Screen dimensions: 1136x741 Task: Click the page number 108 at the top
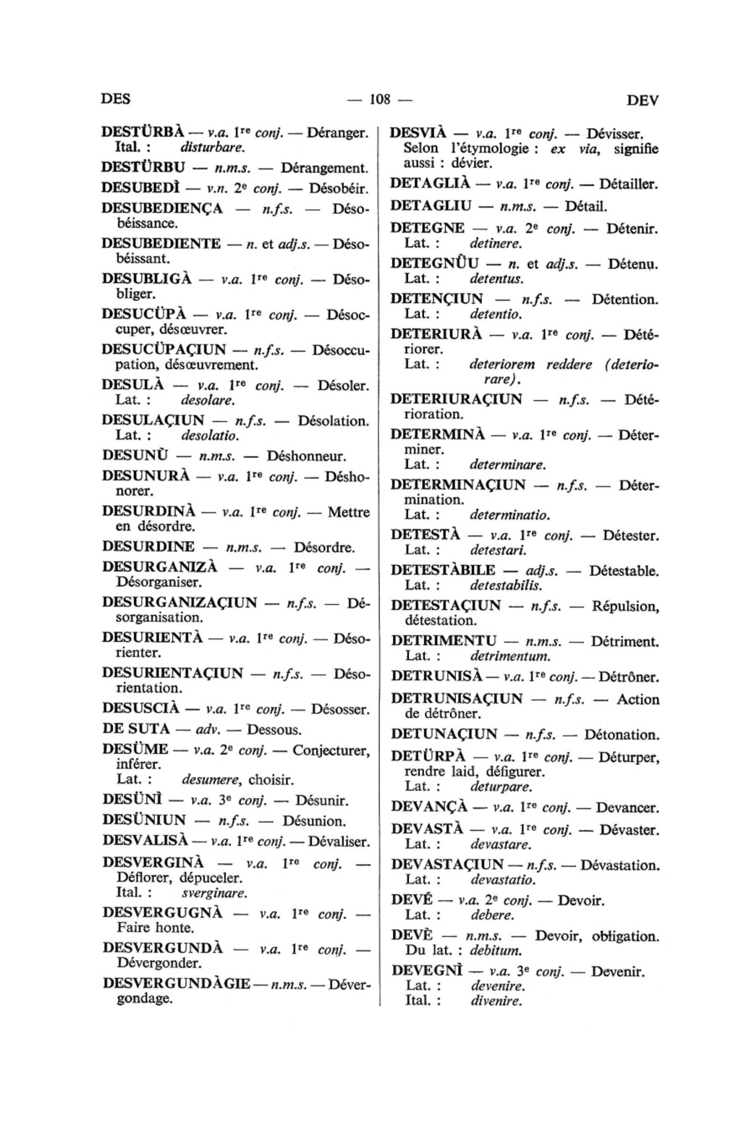pyautogui.click(x=379, y=99)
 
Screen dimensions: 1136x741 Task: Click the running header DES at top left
pyautogui.click(x=116, y=99)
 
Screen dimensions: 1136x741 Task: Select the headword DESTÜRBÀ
pyautogui.click(x=143, y=132)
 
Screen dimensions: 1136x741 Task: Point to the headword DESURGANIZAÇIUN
pyautogui.click(x=179, y=602)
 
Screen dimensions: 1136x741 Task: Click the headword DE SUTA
pyautogui.click(x=136, y=729)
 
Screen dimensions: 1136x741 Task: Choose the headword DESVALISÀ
pyautogui.click(x=145, y=841)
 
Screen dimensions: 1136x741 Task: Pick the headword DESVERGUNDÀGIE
pyautogui.click(x=177, y=984)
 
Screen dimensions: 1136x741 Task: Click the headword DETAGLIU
pyautogui.click(x=431, y=206)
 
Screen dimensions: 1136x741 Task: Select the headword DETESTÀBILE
pyautogui.click(x=443, y=570)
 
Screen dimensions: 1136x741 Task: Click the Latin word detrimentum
pyautogui.click(x=510, y=657)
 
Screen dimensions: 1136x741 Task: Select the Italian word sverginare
pyautogui.click(x=214, y=893)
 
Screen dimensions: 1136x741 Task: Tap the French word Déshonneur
pyautogui.click(x=306, y=457)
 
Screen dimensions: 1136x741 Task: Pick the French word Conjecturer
pyautogui.click(x=331, y=750)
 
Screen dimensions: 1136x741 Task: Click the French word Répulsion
pyautogui.click(x=624, y=606)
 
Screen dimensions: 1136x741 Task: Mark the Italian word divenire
pyautogui.click(x=496, y=1001)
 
